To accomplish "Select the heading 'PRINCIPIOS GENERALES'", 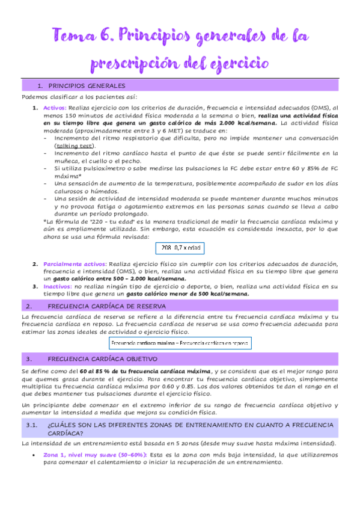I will tap(87, 86).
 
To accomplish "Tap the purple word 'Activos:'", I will tap(55, 107).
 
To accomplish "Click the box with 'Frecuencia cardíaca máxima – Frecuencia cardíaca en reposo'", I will tap(180, 343).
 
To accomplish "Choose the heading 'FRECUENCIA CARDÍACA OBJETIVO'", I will tap(107, 359).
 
